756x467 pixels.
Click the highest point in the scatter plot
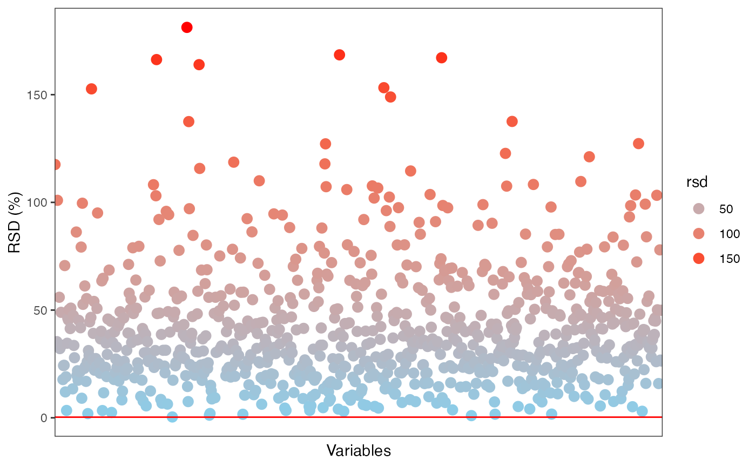click(187, 28)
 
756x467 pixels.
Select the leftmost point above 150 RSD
click(91, 89)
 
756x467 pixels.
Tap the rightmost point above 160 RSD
click(441, 58)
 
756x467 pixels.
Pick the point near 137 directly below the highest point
click(188, 121)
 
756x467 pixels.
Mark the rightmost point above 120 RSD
click(638, 144)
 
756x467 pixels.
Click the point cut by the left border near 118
click(56, 164)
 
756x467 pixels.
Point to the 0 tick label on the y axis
click(45, 418)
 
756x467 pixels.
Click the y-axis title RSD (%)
click(15, 222)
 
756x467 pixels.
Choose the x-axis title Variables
click(359, 450)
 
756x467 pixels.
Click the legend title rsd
click(697, 183)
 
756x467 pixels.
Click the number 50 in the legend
click(726, 209)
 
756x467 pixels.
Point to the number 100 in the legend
click(729, 234)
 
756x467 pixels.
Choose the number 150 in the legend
click(729, 259)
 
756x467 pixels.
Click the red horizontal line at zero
click(359, 417)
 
